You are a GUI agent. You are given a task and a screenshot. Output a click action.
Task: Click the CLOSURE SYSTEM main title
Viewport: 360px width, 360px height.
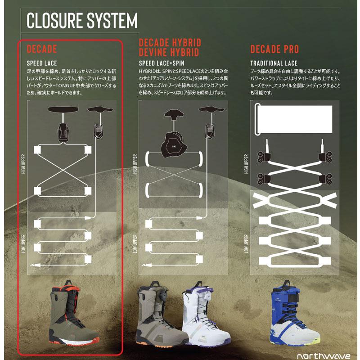point(82,21)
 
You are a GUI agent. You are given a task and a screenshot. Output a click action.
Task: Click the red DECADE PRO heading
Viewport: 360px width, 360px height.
point(274,49)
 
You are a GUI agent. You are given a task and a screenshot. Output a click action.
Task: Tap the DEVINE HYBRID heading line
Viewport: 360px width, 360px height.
point(169,52)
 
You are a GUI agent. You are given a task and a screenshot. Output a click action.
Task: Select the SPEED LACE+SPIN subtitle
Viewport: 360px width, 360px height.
point(162,63)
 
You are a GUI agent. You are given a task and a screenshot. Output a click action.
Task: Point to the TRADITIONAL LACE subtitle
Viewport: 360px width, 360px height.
point(274,63)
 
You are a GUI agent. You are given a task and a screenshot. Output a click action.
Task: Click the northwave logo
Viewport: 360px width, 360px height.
point(324,355)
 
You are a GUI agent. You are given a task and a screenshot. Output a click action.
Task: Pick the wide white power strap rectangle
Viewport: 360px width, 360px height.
point(294,119)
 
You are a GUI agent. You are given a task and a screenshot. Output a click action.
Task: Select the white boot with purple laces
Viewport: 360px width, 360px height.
point(206,314)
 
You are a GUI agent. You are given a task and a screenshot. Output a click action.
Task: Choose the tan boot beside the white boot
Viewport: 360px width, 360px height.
point(161,314)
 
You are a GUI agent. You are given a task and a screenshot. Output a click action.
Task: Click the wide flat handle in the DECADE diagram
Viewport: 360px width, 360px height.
point(63,109)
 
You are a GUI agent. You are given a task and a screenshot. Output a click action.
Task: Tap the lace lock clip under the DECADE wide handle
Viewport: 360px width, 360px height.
point(63,132)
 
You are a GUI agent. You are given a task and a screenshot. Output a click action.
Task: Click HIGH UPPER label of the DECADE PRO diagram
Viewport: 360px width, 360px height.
point(246,164)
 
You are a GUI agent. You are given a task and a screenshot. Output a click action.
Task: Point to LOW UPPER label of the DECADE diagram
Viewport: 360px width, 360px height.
point(23,243)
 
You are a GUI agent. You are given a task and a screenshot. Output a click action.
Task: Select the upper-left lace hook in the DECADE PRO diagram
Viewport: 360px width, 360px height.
point(264,157)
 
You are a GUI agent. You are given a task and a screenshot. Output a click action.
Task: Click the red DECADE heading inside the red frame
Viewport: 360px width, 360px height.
point(42,49)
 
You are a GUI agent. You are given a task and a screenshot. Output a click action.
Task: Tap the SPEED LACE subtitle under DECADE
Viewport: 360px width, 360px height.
point(42,63)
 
